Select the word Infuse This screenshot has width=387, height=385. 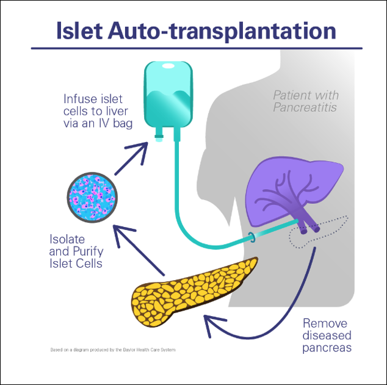(x=79, y=98)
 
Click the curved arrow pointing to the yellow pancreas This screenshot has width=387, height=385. (x=269, y=317)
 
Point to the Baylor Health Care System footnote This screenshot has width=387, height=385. (x=116, y=350)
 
